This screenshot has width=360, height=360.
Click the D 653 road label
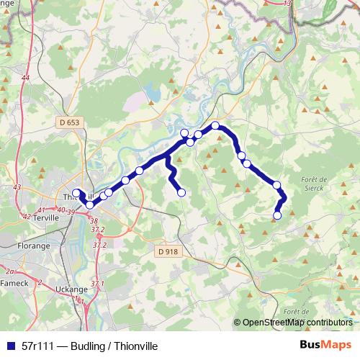point(69,123)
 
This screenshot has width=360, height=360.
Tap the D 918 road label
point(166,251)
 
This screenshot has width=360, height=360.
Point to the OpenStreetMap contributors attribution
point(297,323)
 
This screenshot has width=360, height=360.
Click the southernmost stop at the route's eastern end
point(277,215)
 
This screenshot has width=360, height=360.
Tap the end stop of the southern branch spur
point(181,192)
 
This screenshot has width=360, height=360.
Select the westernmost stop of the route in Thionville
point(76,192)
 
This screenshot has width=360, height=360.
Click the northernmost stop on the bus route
point(215,126)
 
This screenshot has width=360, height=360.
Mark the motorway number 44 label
point(26,77)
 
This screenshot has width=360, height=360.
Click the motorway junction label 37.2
point(98,230)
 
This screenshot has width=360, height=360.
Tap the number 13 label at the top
point(288,4)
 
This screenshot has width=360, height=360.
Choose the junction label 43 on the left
point(17,187)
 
